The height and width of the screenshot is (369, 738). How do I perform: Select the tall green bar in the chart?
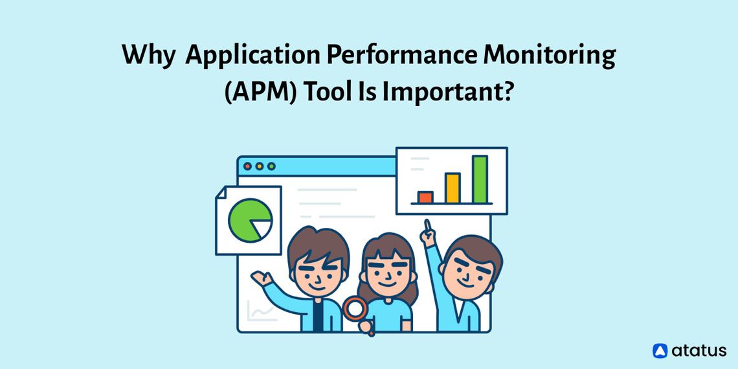click(480, 179)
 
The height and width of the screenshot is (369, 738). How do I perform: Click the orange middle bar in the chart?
click(453, 188)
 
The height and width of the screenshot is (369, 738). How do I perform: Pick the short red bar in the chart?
click(425, 197)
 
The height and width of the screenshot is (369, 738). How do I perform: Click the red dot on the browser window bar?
click(247, 166)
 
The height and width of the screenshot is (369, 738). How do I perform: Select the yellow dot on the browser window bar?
click(259, 166)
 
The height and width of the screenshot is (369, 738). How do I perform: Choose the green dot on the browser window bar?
click(271, 166)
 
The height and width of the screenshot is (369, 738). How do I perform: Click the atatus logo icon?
click(660, 351)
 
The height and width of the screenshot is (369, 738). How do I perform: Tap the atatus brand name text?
click(699, 351)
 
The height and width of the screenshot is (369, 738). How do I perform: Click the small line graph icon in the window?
click(262, 313)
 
